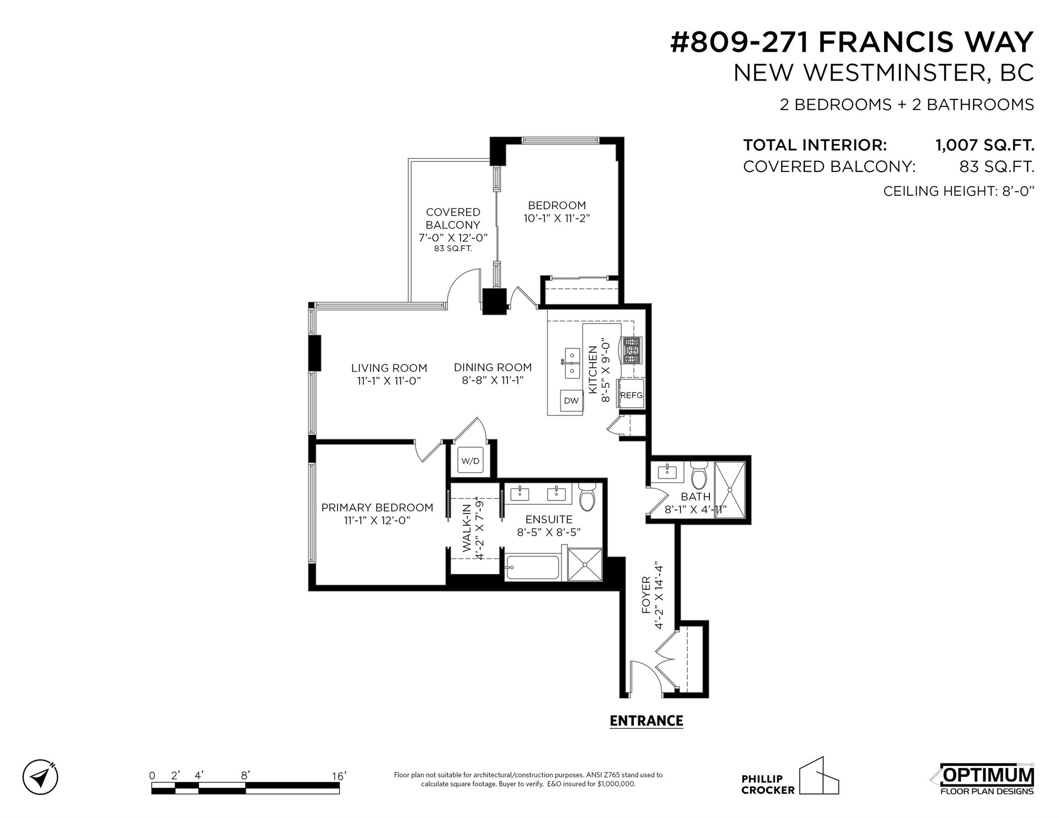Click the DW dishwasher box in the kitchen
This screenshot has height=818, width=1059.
[x=571, y=401]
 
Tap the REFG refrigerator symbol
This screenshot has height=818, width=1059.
[x=631, y=394]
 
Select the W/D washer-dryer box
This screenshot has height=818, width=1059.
[x=470, y=460]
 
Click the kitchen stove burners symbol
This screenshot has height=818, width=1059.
[x=632, y=351]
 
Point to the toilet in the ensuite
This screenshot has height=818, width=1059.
[x=587, y=496]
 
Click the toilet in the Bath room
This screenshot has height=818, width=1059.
[x=699, y=475]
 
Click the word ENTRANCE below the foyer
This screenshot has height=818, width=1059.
[x=646, y=720]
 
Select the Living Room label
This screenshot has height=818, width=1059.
[x=389, y=368]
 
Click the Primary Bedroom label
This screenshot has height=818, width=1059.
[x=377, y=508]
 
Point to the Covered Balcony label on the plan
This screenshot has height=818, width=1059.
[x=453, y=218]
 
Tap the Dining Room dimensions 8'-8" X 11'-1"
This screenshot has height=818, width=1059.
[x=493, y=380]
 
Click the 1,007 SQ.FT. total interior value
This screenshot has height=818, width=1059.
[x=985, y=145]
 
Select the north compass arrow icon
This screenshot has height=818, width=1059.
[x=40, y=778]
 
